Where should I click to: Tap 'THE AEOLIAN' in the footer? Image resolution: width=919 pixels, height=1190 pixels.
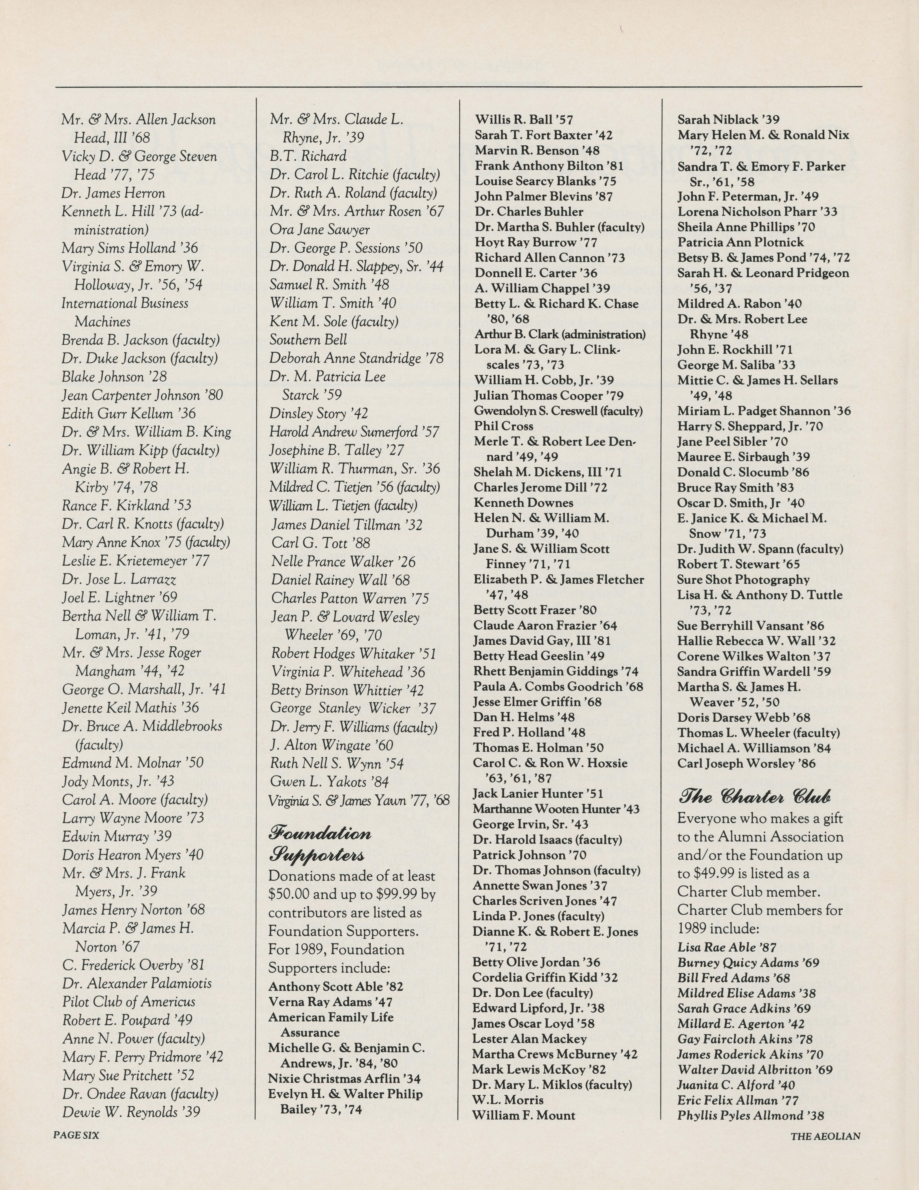click(825, 1136)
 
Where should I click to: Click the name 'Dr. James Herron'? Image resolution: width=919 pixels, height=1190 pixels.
click(113, 194)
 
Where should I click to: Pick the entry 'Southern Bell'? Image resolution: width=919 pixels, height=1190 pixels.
click(308, 340)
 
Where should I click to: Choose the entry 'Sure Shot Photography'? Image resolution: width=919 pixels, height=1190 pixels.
click(743, 580)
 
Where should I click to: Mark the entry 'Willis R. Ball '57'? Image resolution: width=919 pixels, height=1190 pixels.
click(524, 120)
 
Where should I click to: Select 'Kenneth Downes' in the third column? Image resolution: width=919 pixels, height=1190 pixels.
click(523, 503)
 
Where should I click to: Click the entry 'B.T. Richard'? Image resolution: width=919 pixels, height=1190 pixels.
click(308, 156)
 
